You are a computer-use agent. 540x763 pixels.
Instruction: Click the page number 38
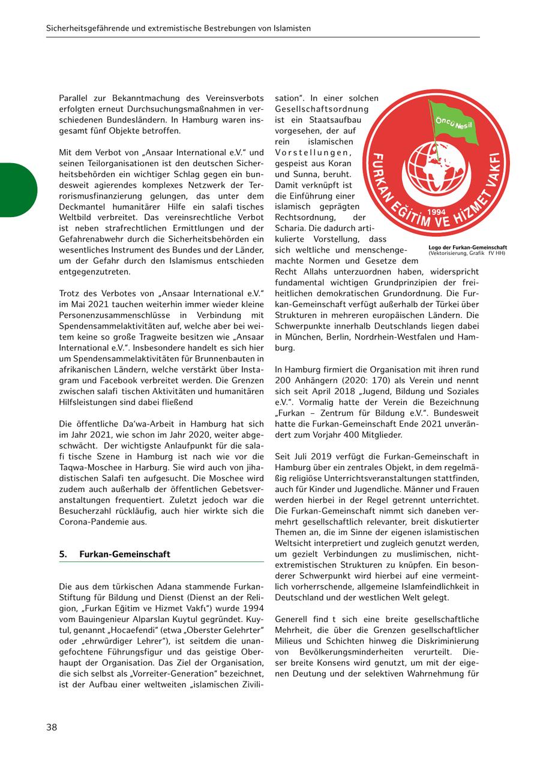52,728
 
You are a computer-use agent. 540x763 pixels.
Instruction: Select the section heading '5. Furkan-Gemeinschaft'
115,554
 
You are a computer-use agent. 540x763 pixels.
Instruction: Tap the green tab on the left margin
17,190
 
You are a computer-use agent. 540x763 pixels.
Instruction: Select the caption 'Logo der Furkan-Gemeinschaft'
467,247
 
